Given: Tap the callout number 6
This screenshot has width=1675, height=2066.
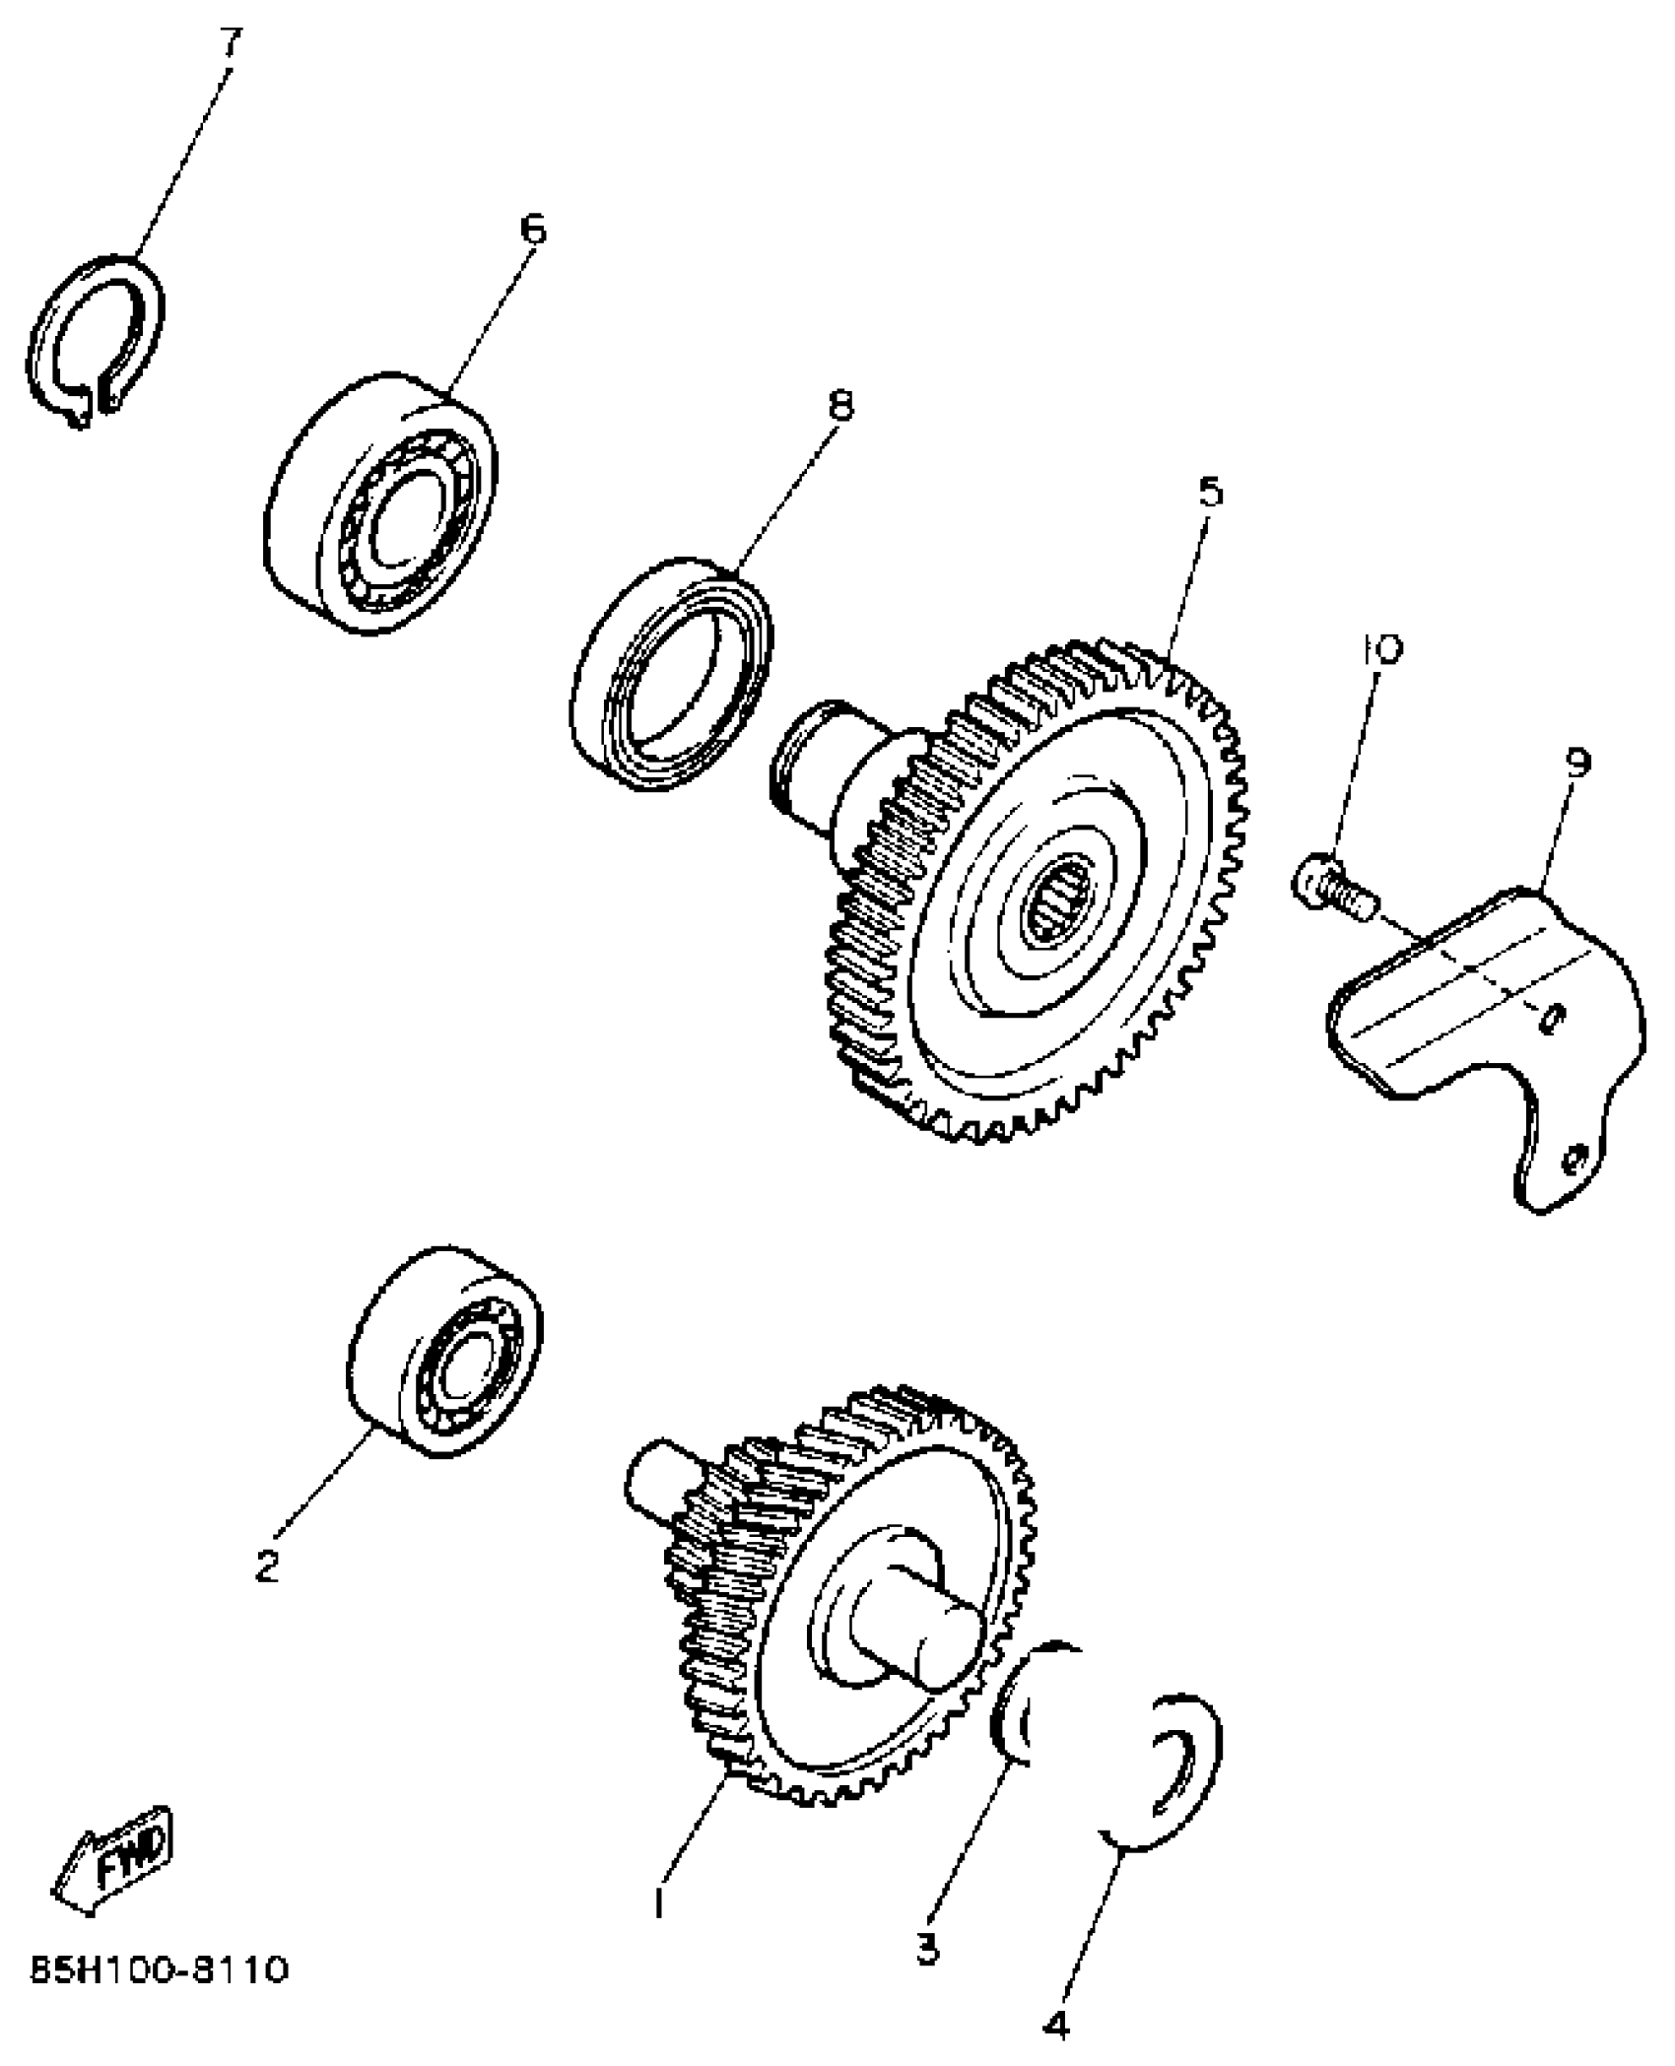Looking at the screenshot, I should coord(531,230).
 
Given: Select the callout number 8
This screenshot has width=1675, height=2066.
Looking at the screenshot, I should coord(840,405).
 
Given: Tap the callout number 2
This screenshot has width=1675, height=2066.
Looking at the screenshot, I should coord(266,1566).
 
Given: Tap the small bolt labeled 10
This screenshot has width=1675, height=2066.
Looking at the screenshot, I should coord(1330,885).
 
